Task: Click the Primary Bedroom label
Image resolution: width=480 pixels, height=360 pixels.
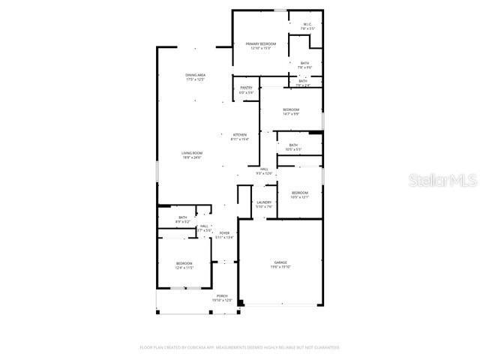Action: pos(261,44)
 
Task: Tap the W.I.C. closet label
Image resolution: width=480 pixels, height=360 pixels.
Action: pos(307,25)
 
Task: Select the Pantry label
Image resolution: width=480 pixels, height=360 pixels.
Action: pos(246,88)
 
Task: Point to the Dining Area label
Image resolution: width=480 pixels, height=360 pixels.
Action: pos(196,75)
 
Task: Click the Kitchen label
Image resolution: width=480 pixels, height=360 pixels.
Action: pos(239,135)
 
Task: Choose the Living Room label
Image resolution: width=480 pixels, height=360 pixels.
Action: pos(192,153)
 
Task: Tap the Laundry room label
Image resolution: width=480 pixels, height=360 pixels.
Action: pos(264,202)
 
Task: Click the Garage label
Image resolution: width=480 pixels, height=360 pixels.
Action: pos(280,262)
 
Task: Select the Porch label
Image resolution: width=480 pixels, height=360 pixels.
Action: pos(223,296)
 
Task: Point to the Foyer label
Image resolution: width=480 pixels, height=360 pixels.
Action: pos(224,233)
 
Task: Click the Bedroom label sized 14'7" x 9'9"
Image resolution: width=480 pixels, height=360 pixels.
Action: pos(291,109)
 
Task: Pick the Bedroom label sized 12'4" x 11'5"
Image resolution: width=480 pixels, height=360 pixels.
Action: pos(184,263)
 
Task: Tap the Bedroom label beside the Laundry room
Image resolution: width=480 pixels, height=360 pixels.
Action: pos(300,193)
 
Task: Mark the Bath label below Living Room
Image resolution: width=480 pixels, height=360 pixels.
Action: pos(183,217)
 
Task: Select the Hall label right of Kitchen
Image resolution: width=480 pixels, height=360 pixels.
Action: pos(265,169)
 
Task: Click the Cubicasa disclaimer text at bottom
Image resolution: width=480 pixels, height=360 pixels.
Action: pos(240,348)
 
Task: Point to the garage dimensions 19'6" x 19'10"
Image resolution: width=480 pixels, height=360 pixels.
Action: pos(280,267)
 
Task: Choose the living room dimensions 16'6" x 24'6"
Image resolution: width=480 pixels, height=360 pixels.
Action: pos(192,157)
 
